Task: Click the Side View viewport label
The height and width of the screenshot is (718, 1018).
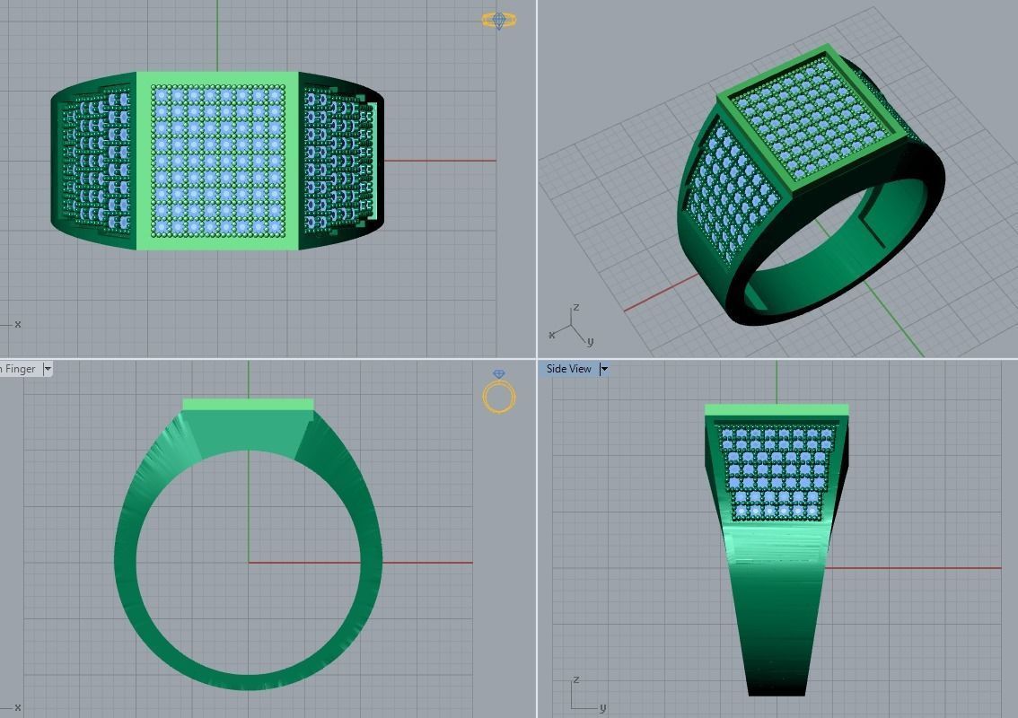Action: coord(568,369)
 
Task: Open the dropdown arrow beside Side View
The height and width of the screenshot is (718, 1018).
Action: coord(604,369)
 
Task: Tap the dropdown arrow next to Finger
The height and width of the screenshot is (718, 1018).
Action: coord(48,369)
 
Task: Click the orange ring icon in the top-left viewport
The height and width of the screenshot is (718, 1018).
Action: coord(499,20)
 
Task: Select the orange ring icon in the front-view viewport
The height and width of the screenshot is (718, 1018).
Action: coord(499,394)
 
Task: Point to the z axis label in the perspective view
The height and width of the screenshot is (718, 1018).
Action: coord(575,308)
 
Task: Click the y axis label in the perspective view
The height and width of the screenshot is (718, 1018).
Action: coord(590,342)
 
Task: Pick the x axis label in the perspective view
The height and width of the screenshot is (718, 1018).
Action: coord(551,335)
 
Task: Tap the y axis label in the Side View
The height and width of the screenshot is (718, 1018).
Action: coord(601,707)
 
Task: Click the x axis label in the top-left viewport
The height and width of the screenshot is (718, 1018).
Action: coord(18,324)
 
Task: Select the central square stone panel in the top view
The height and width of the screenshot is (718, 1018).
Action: coord(217,159)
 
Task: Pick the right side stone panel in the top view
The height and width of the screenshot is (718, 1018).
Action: coord(337,160)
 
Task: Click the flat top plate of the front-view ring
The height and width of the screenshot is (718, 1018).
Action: coord(248,405)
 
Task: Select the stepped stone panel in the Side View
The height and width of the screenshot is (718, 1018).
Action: coord(777,471)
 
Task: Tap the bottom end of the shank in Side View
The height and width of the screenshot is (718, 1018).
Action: coord(777,687)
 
